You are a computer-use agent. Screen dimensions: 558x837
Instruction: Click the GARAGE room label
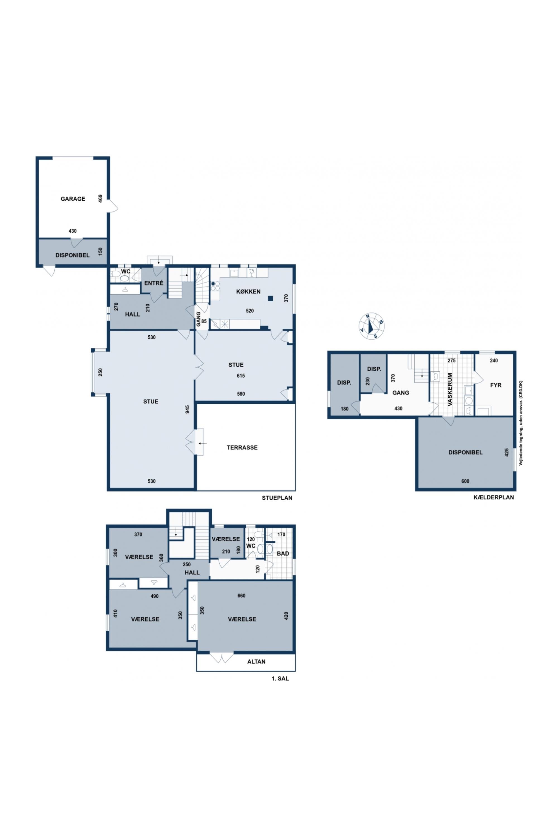pos(73,199)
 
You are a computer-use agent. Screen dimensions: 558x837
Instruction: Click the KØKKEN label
pos(248,292)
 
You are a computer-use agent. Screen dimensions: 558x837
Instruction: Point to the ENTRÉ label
pos(154,283)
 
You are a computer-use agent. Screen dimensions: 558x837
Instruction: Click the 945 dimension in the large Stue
pos(187,409)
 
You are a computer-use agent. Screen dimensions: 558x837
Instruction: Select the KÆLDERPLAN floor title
pos(494,497)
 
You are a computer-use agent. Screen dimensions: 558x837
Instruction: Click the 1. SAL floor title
pos(280,679)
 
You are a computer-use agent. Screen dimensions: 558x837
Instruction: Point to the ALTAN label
pos(256,662)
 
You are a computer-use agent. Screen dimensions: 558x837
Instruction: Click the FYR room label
pos(496,385)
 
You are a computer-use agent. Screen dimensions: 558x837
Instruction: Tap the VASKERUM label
pos(450,390)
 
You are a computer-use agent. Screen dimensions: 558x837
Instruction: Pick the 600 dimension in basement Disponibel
pos(465,481)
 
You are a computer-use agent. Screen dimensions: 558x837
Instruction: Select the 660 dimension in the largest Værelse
pos(241,596)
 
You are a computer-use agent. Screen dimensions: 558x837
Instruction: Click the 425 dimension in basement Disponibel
pos(507,452)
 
